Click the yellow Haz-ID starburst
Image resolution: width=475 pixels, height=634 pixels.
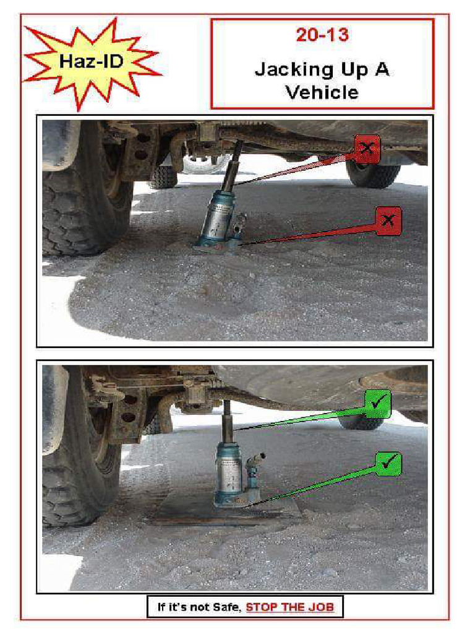click(92, 63)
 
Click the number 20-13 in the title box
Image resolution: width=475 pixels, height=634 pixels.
click(322, 35)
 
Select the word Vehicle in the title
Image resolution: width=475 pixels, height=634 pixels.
click(322, 92)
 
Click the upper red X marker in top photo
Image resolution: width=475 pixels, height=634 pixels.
click(367, 149)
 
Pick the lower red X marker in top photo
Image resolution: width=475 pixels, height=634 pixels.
click(388, 220)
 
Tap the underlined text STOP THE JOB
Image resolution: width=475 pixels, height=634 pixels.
click(290, 607)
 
